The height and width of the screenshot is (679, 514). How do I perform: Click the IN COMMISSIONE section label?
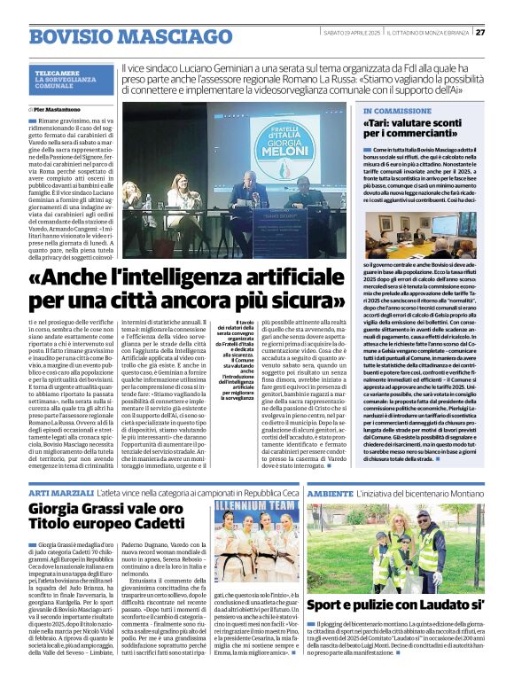pyautogui.click(x=397, y=111)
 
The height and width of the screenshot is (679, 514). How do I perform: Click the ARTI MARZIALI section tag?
pyautogui.click(x=58, y=491)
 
